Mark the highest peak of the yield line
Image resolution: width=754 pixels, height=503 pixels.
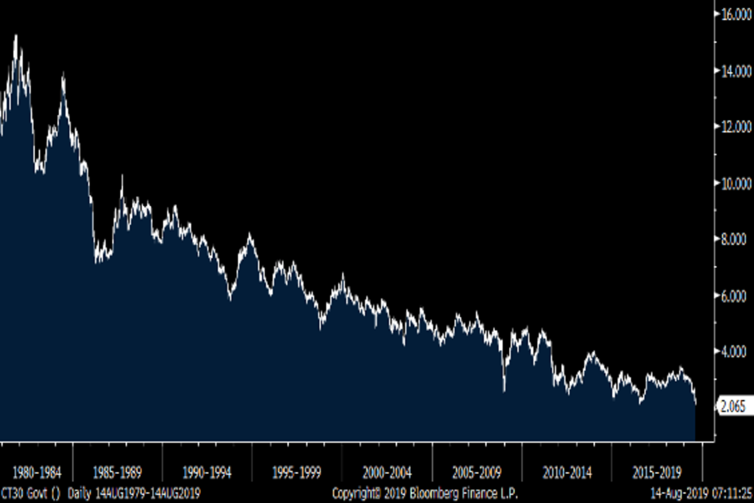(16, 36)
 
